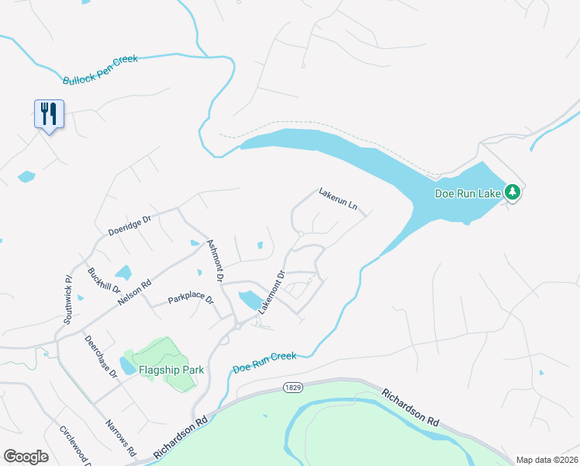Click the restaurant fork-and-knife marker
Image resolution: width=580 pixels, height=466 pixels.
tap(49, 114)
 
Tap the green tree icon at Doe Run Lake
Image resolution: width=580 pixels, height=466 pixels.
tap(512, 191)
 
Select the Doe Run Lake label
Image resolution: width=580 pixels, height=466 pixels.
tap(468, 193)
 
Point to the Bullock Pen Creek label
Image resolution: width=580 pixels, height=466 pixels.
tap(100, 70)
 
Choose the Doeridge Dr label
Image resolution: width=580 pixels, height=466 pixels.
tap(129, 227)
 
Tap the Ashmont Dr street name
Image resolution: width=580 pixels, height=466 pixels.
tap(216, 260)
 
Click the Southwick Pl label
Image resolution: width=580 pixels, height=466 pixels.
tap(68, 299)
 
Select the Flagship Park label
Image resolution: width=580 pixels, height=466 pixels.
tap(171, 370)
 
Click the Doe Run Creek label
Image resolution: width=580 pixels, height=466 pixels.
tap(264, 361)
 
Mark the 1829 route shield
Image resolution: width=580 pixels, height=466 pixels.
tap(292, 386)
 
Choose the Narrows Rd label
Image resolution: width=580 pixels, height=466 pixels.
tap(120, 439)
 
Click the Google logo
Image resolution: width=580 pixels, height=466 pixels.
tap(26, 456)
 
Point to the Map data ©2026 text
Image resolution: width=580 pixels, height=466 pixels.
tap(547, 460)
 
